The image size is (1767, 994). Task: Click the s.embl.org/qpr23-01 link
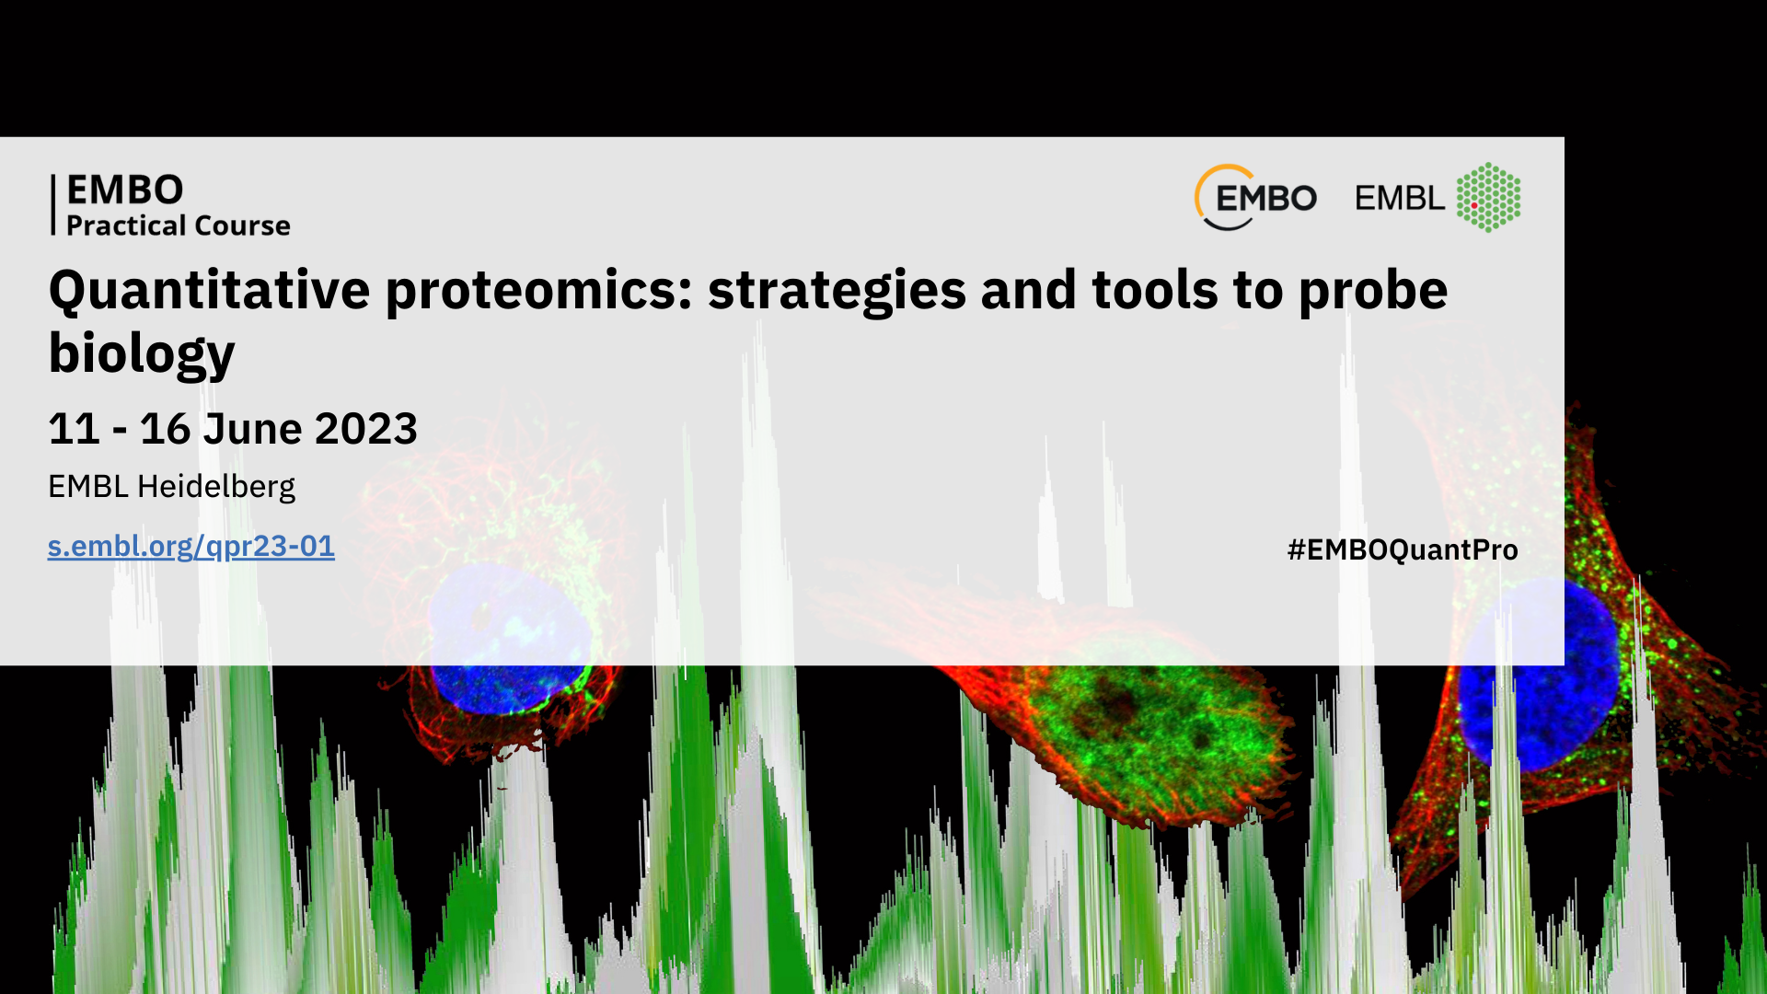(191, 547)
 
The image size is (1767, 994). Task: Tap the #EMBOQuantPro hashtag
(1403, 550)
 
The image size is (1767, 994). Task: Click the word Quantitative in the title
(210, 291)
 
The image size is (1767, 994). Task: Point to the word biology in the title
(142, 354)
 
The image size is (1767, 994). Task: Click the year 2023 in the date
(366, 429)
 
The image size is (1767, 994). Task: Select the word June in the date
(252, 429)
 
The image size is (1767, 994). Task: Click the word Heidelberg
(216, 487)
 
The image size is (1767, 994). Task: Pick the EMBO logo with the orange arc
(1255, 197)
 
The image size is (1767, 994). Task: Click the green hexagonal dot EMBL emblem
(1488, 197)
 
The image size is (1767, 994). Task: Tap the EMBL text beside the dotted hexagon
(1399, 198)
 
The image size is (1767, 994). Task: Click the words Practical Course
(179, 225)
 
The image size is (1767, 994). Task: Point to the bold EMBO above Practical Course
(125, 191)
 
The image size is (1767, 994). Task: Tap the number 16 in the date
(165, 429)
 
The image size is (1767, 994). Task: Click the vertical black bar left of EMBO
(53, 205)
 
